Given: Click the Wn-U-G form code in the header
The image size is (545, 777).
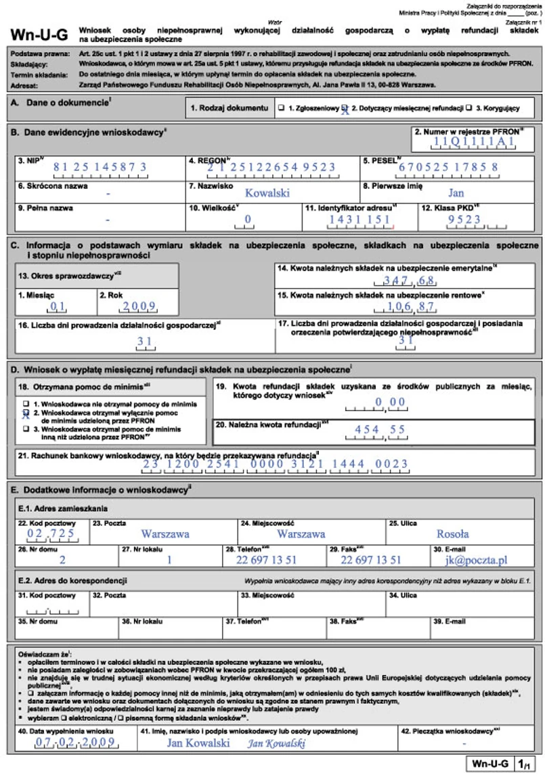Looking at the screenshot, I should click(x=38, y=34).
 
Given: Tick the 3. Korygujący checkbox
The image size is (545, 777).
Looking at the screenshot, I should click(x=468, y=108).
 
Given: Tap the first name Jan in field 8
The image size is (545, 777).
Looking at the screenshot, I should click(x=456, y=193).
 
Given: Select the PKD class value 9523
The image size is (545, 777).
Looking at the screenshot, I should click(x=464, y=219).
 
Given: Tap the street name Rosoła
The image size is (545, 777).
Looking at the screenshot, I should click(x=452, y=534).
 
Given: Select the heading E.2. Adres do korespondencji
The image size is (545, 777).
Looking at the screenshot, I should click(x=60, y=580).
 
